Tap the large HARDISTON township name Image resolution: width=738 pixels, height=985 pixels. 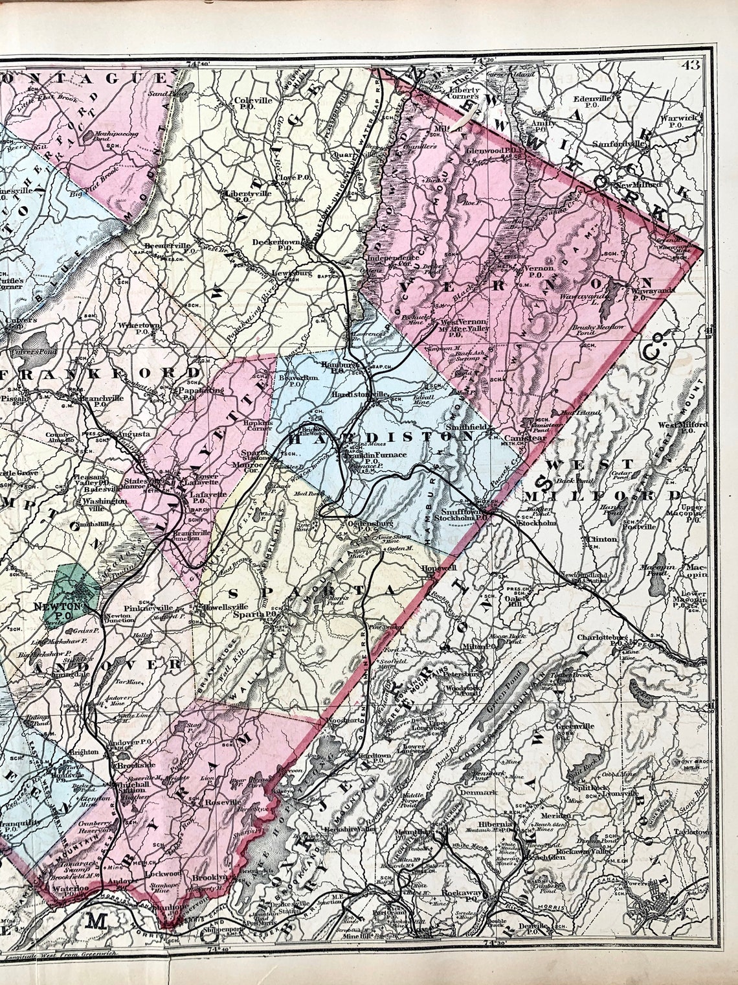pos(382,437)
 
